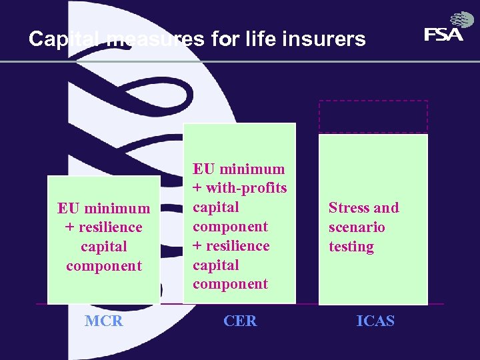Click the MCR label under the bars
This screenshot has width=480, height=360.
click(104, 321)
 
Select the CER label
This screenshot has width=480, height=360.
click(240, 321)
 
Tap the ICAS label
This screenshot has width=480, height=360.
click(375, 321)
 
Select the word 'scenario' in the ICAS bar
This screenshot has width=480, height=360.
click(357, 227)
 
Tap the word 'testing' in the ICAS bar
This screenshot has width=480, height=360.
click(351, 247)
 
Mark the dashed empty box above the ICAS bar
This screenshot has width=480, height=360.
click(373, 117)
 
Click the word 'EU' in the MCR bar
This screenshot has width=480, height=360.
click(68, 208)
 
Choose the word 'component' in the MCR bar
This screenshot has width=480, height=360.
click(104, 266)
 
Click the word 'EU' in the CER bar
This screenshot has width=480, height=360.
click(203, 169)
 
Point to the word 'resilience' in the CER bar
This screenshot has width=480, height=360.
click(237, 245)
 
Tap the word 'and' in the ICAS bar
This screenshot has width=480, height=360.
click(386, 207)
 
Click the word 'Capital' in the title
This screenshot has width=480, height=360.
click(65, 39)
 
